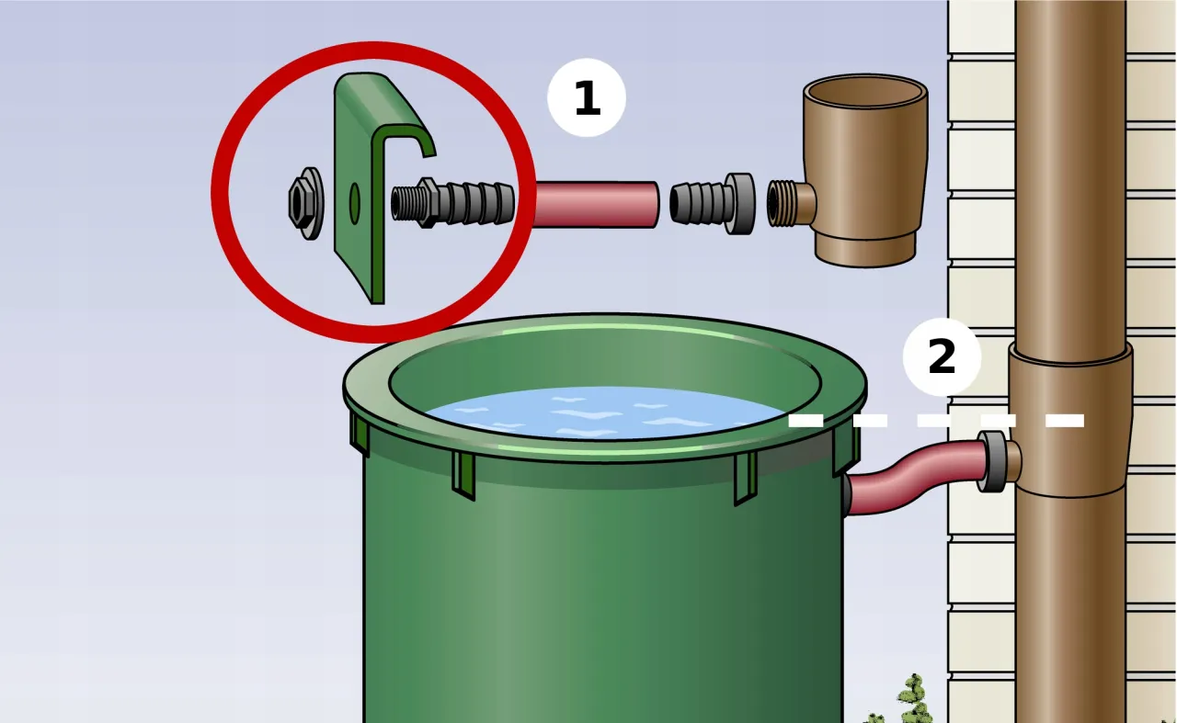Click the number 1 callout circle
587,97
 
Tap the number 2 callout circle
942,356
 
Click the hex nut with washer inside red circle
306,203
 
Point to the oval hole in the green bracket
355,203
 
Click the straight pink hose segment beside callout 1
597,204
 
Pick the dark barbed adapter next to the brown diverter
712,204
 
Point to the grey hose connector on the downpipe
992,461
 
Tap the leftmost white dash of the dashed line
806,421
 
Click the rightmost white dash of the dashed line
1065,421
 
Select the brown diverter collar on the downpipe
1070,420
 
